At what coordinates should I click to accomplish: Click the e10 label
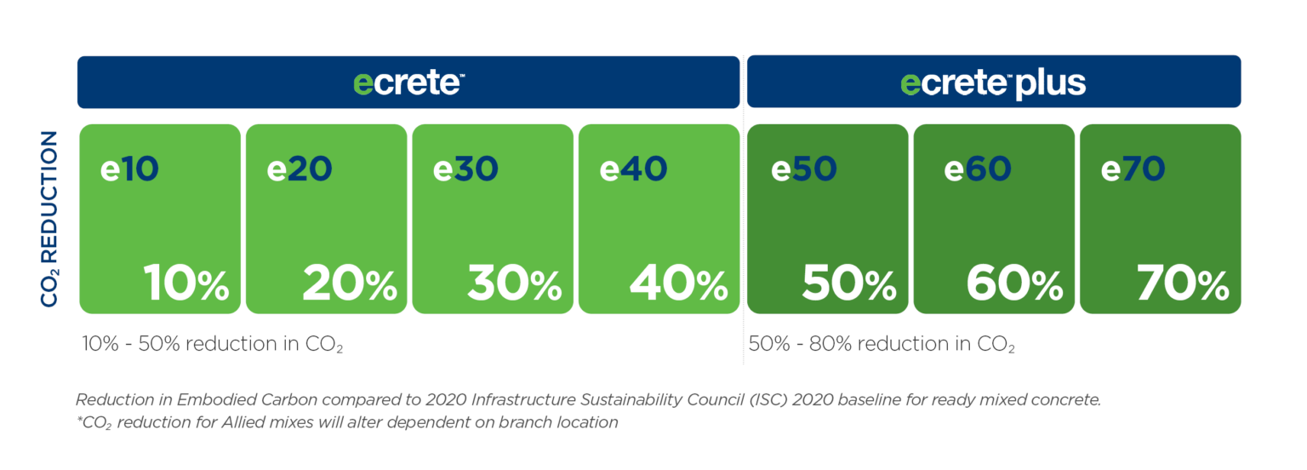tap(129, 169)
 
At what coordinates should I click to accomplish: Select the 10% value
tap(185, 284)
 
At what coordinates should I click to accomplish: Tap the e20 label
tap(299, 169)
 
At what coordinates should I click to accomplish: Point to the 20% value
tap(349, 284)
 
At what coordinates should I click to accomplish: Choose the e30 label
tap(465, 169)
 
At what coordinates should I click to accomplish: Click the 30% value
tap(514, 284)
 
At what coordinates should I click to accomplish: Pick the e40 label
tap(633, 169)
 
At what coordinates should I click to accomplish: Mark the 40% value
tap(679, 284)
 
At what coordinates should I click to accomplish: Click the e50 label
tap(804, 169)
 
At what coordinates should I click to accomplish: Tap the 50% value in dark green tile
tap(849, 284)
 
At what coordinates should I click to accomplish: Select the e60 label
tap(977, 169)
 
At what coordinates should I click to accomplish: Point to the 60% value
tap(1015, 284)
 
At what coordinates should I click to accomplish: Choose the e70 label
tap(1134, 169)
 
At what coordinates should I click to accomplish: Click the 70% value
tap(1183, 284)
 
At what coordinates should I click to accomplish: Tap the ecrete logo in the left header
tap(408, 83)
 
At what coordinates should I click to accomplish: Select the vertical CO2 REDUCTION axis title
tap(49, 218)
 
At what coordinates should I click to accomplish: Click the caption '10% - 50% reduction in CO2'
tap(212, 345)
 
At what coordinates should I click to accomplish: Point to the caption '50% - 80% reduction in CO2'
tap(882, 345)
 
